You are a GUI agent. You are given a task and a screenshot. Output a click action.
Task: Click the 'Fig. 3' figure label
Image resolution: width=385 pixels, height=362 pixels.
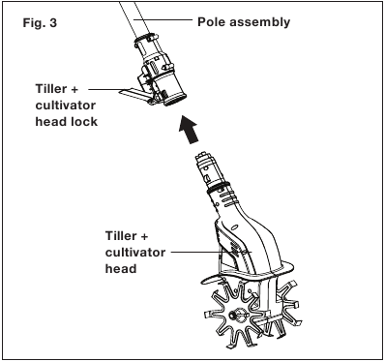(40, 23)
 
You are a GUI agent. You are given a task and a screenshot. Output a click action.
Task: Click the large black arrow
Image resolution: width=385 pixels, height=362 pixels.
(189, 129)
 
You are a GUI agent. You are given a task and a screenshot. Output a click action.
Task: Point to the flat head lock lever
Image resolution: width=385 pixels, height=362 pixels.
(133, 94)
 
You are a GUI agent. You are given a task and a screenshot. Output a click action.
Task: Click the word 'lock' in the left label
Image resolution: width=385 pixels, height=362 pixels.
(84, 122)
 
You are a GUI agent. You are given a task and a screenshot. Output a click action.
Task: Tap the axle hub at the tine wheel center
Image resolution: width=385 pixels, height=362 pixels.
(233, 315)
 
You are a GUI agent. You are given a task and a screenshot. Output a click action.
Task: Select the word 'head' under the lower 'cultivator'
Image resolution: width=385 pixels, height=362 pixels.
(121, 269)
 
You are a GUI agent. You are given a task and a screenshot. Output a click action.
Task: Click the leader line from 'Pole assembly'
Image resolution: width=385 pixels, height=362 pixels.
(163, 19)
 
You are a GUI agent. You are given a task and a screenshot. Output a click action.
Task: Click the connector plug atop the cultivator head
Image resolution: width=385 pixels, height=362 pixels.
(206, 168)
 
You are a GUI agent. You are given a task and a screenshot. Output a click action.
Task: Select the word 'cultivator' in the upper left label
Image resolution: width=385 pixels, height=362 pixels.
(66, 106)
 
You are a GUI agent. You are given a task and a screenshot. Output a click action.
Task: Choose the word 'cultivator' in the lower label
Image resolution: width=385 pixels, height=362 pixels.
(135, 253)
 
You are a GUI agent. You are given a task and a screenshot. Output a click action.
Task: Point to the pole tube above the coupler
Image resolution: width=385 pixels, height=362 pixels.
(133, 17)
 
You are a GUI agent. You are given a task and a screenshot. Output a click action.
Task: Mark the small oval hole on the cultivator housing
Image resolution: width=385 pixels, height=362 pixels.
(235, 226)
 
